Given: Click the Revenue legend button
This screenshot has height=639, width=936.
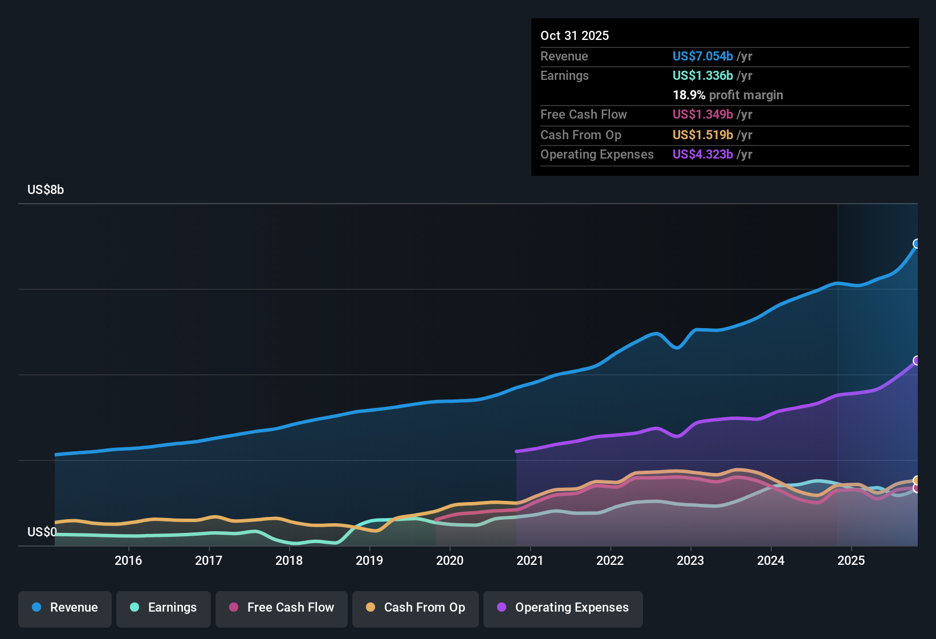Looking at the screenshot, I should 65,608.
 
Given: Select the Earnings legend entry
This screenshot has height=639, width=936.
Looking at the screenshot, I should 164,608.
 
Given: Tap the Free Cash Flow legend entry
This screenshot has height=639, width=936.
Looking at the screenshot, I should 282,608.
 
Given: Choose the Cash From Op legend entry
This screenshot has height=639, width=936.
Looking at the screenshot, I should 416,608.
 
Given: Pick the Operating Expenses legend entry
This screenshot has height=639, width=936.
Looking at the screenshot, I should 563,608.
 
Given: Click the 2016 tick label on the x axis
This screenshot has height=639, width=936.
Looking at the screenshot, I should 128,560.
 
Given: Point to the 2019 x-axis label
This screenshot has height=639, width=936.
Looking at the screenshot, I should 369,560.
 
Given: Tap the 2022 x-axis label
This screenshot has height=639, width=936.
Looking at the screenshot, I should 610,560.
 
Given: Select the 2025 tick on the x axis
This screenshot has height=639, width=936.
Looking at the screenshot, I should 851,560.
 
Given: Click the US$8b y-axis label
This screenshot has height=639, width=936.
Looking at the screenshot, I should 46,190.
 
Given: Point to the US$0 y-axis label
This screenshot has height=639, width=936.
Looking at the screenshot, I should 42,532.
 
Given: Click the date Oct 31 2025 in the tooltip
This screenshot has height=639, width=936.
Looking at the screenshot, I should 575,35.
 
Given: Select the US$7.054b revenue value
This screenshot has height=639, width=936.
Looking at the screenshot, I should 702,56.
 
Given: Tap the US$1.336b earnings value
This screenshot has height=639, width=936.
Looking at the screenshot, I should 702,75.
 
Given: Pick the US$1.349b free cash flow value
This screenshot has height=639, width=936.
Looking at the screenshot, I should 702,114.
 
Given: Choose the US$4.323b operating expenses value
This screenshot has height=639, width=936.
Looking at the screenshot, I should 702,154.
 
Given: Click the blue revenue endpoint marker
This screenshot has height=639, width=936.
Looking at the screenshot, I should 917,244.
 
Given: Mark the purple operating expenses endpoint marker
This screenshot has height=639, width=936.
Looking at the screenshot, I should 917,361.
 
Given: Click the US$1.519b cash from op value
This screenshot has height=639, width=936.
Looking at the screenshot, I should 702,135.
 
